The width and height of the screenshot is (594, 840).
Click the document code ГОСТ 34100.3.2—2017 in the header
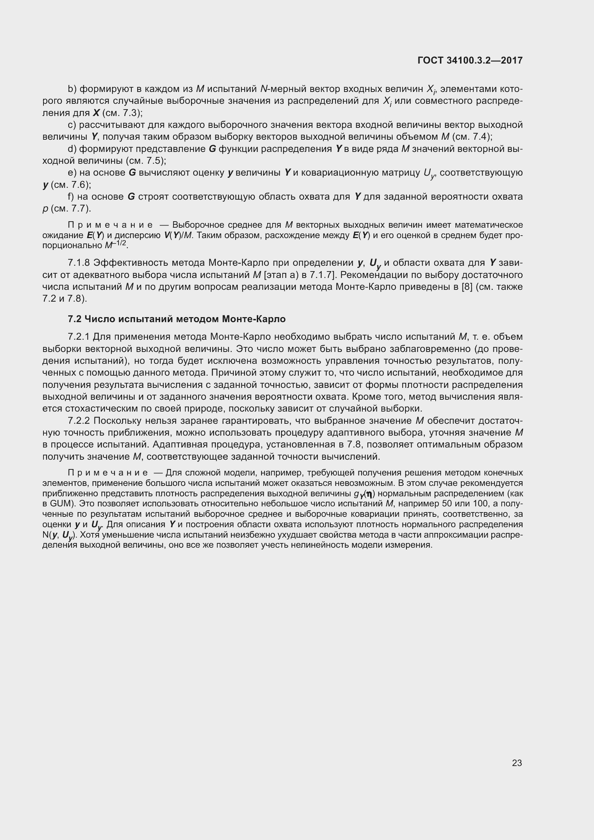click(470, 60)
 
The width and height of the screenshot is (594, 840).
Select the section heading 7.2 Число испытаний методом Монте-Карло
click(176, 319)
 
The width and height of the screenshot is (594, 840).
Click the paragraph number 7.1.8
click(79, 263)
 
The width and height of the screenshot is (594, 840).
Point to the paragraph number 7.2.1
click(79, 337)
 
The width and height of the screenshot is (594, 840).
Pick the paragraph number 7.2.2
click(79, 421)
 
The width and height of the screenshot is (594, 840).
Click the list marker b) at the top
click(72, 89)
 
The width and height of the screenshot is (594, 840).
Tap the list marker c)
click(72, 125)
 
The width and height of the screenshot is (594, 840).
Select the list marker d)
click(72, 149)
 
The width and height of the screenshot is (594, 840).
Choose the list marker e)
click(72, 173)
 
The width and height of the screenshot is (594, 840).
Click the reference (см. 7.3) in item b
click(122, 113)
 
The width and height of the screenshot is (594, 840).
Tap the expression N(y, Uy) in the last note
click(59, 535)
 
